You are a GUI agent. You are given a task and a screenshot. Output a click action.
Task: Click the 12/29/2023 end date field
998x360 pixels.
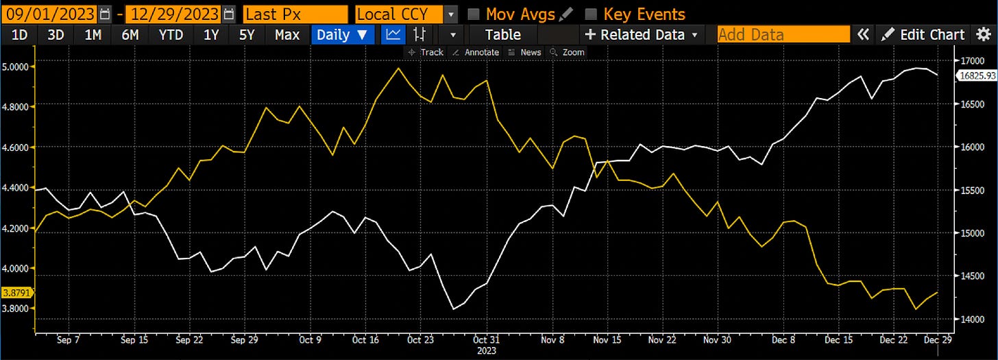tap(171, 14)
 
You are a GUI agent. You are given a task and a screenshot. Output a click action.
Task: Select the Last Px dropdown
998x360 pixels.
tap(295, 14)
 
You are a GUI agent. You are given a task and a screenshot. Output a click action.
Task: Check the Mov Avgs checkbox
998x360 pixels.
tap(473, 14)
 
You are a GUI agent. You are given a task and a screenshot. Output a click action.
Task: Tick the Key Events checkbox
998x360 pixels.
tap(591, 14)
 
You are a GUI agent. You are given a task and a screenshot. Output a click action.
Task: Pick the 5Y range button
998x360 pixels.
tap(247, 35)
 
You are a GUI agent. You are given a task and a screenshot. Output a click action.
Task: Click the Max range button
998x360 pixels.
tap(287, 35)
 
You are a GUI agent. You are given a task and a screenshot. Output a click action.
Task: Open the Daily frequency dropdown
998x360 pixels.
tap(342, 35)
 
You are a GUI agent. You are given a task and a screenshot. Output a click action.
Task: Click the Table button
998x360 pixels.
tap(502, 35)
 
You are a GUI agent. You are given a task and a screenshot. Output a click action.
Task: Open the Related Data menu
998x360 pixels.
tap(641, 35)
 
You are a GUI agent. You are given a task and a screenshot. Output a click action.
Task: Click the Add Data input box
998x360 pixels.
tap(783, 35)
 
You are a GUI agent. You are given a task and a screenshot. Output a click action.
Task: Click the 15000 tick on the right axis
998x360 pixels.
tap(972, 234)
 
